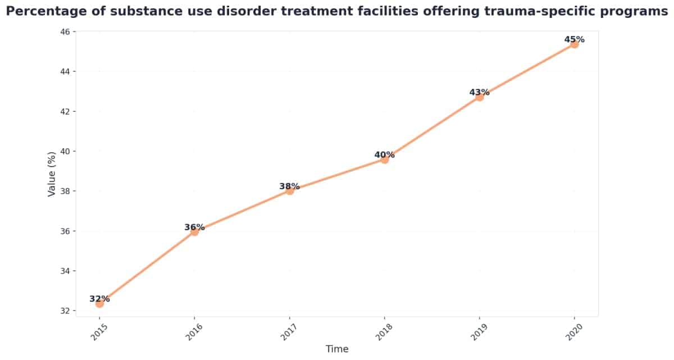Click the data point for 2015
tap(99, 304)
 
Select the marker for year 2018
tap(385, 160)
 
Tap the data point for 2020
tap(574, 44)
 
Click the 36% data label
tap(194, 227)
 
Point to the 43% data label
tap(479, 92)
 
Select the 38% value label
tap(289, 186)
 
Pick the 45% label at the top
tap(574, 39)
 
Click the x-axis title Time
tap(337, 349)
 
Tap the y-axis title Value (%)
tap(52, 174)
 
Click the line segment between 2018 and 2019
tap(432, 129)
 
